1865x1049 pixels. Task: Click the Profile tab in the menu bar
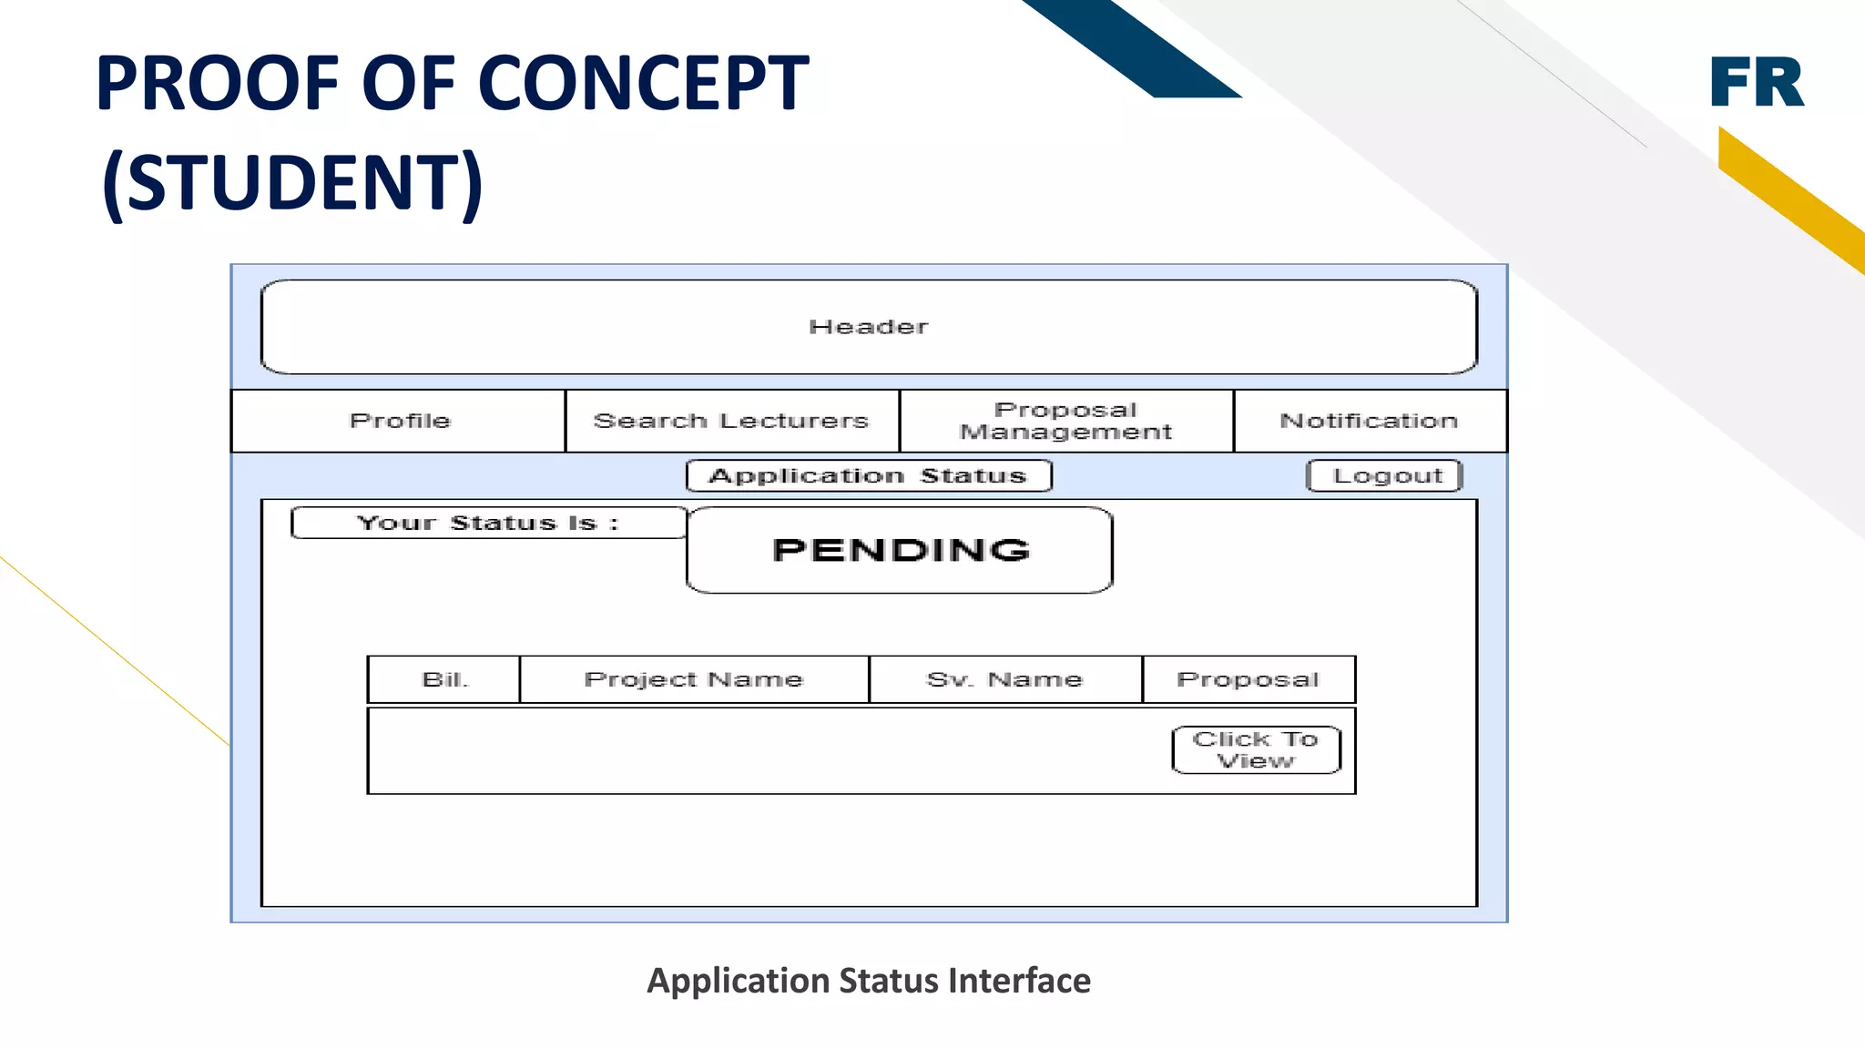pos(399,421)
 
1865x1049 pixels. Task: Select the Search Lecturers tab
pos(731,421)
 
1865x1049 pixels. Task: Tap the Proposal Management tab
pos(1065,421)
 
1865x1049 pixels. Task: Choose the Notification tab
pos(1369,421)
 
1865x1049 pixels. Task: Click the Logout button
pos(1385,475)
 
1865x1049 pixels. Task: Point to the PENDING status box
pos(900,550)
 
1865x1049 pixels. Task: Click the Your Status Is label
pos(488,523)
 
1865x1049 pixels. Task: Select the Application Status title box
pos(868,475)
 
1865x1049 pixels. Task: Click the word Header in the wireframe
pos(868,327)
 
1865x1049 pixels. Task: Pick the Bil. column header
pos(444,679)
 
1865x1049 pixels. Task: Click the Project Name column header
pos(694,679)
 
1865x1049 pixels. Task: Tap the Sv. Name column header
pos(1004,679)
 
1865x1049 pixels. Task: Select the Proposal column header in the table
pos(1248,679)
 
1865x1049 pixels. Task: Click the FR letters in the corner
pos(1756,83)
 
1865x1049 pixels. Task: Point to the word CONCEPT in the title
pos(643,83)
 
